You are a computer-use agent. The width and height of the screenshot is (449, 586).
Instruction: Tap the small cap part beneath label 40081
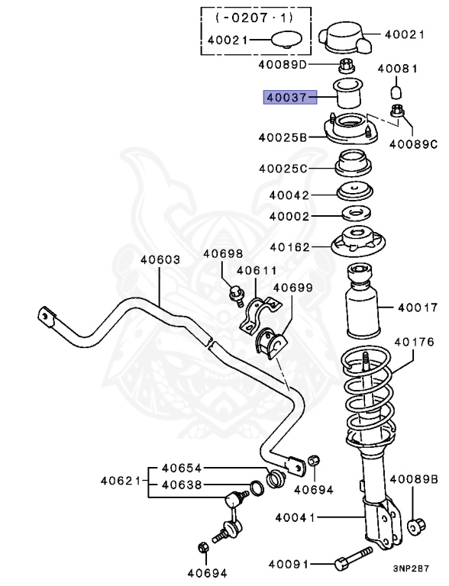click(396, 92)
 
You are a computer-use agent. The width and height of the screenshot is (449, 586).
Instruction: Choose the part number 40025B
click(283, 137)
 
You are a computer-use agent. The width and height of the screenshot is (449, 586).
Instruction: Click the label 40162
click(289, 246)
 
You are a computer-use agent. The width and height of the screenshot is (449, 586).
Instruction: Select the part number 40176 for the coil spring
click(414, 342)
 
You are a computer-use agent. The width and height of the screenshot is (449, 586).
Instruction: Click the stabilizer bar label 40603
click(160, 259)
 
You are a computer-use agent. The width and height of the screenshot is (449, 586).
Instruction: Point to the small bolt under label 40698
click(236, 291)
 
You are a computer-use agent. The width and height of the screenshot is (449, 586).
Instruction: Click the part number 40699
click(292, 288)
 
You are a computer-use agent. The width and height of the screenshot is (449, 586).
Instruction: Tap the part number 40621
click(120, 481)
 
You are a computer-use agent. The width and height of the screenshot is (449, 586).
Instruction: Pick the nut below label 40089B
click(417, 525)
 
